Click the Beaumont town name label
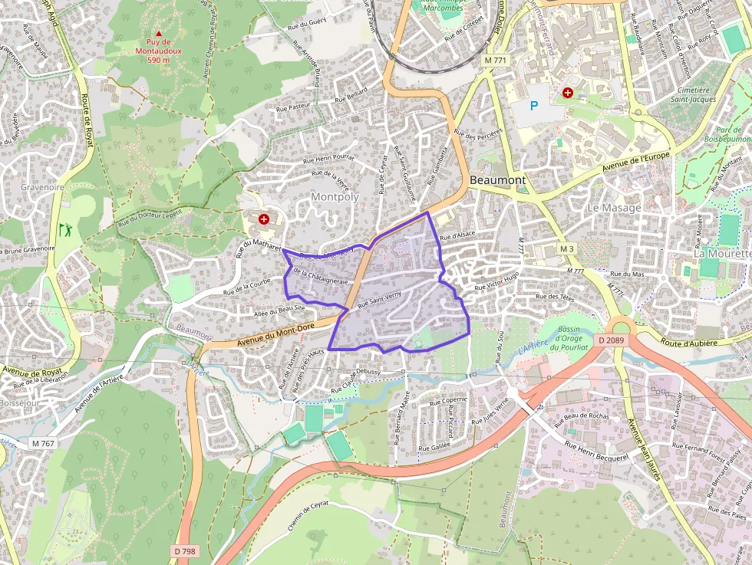[x=497, y=180]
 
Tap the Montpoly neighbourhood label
[x=335, y=197]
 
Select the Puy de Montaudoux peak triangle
[x=159, y=34]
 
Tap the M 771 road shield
[x=496, y=60]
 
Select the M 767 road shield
[x=45, y=444]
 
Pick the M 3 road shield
[x=566, y=249]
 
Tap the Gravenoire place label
[x=42, y=187]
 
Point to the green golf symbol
[x=64, y=228]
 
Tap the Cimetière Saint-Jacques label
[x=693, y=94]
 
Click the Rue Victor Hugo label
[x=496, y=281]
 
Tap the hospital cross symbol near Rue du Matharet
[x=264, y=220]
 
